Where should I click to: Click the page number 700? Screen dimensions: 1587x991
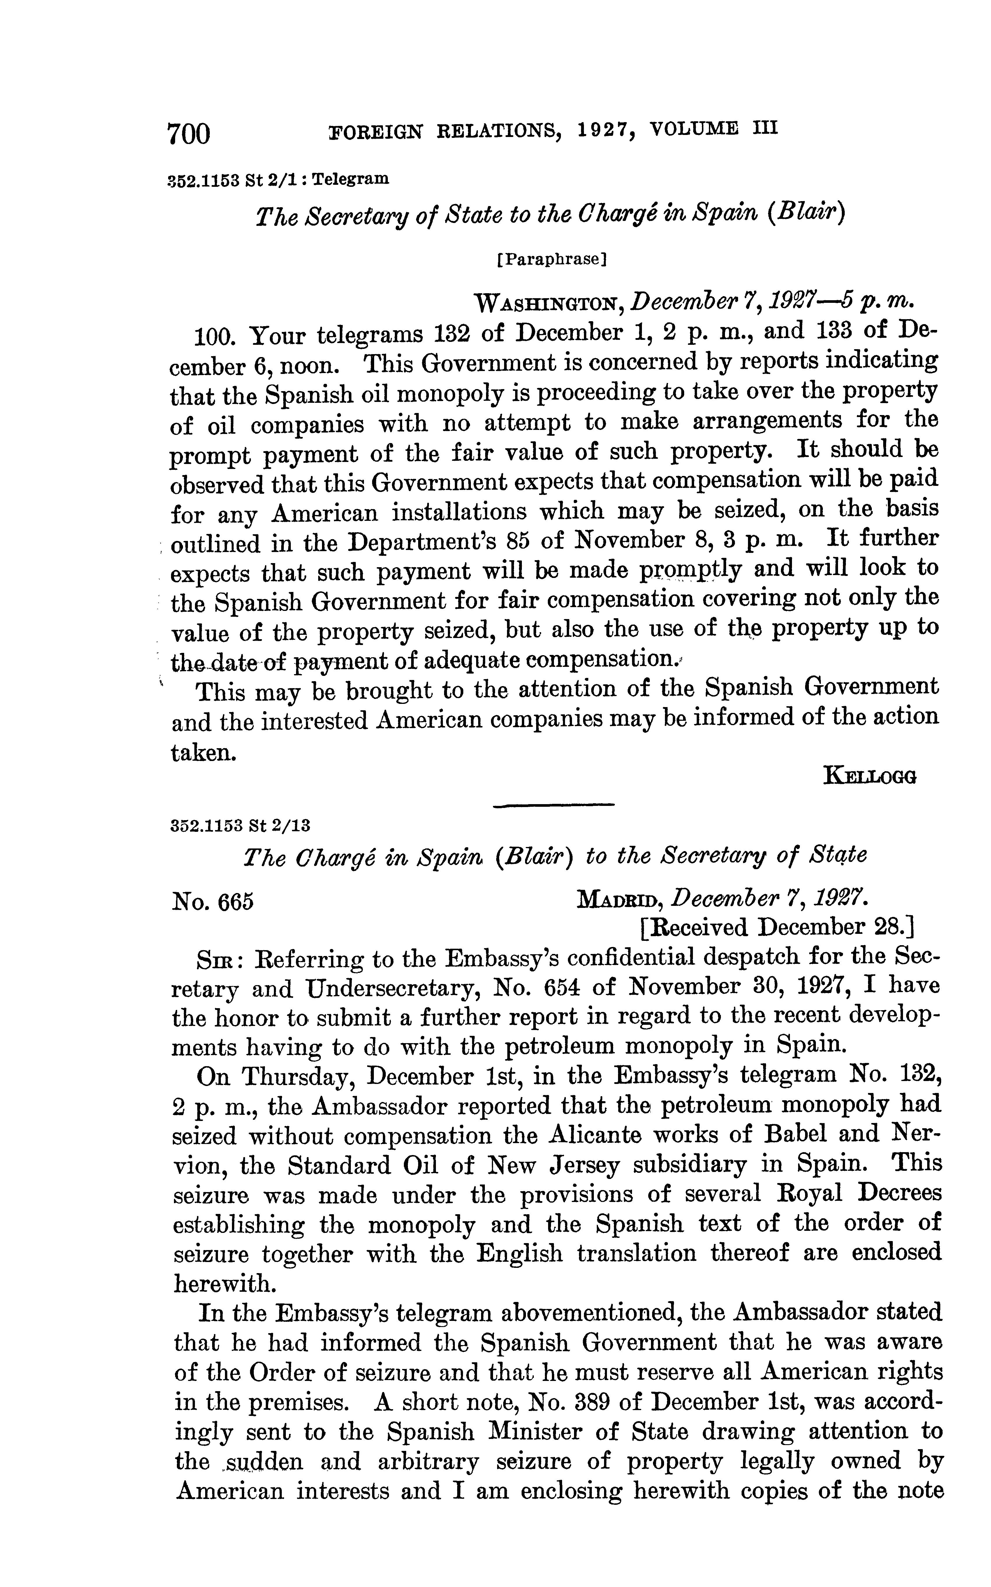tap(189, 134)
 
